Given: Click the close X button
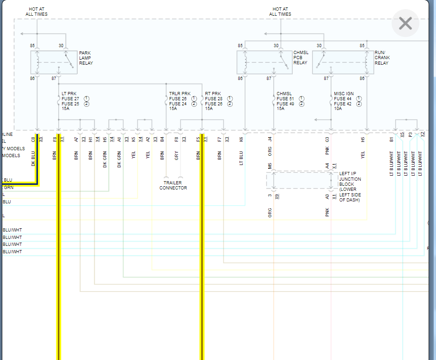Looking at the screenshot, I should tap(405, 24).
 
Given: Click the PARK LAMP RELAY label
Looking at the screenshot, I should tap(86, 58).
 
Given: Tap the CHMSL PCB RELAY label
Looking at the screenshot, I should tap(301, 58).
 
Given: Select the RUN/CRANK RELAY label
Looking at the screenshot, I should tap(382, 58).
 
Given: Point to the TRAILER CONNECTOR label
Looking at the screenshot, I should tap(173, 185).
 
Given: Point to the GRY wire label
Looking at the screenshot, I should tap(177, 155).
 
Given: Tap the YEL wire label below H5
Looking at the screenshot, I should tap(363, 155).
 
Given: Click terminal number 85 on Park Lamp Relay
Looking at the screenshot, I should tap(32, 45).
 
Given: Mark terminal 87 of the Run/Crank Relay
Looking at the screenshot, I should tap(326, 79).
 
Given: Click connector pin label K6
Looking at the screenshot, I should tap(241, 139).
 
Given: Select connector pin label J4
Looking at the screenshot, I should tap(270, 139).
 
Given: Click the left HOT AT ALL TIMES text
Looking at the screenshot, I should tap(37, 12).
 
